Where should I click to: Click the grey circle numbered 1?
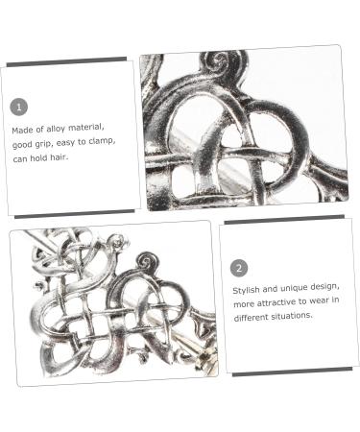click(x=19, y=107)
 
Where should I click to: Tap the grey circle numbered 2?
click(x=239, y=268)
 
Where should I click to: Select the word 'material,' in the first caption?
click(x=86, y=128)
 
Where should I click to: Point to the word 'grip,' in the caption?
click(x=43, y=144)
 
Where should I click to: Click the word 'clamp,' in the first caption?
click(x=102, y=141)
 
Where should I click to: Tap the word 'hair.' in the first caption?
click(x=59, y=157)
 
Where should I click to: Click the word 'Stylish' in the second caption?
click(x=246, y=290)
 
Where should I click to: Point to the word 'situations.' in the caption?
click(x=292, y=316)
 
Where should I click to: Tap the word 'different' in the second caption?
click(x=251, y=318)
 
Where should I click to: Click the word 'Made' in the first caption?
click(x=22, y=130)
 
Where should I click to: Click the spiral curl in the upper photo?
click(x=219, y=59)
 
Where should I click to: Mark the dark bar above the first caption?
click(x=66, y=61)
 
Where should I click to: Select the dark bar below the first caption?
click(x=75, y=214)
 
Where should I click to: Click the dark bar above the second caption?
click(x=284, y=220)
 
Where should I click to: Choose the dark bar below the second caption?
click(x=292, y=372)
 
